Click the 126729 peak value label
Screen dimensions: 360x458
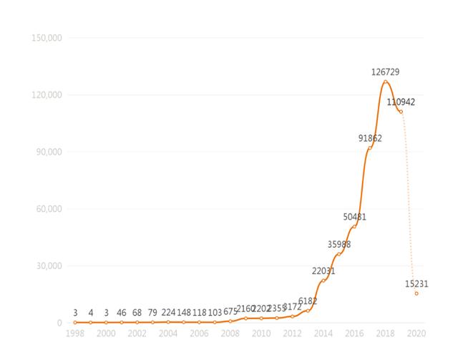(385, 72)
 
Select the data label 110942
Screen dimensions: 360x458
(401, 102)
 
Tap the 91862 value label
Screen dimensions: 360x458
(370, 138)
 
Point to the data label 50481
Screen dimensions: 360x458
(355, 217)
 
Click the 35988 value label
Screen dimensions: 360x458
(339, 244)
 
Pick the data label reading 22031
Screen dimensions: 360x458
(323, 271)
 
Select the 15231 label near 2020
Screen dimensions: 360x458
(416, 283)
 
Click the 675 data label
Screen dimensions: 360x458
(230, 312)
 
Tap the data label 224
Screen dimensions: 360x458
(168, 312)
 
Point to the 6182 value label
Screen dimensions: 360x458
(308, 301)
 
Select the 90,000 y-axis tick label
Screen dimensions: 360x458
(48, 152)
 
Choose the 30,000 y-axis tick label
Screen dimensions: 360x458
(48, 266)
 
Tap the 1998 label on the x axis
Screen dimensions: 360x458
(74, 334)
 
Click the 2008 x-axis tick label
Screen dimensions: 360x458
(230, 334)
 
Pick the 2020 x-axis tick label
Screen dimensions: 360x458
(416, 334)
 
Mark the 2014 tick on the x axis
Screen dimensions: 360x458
(323, 334)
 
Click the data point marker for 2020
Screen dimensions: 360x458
(416, 293)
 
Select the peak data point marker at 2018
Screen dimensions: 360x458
(385, 82)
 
